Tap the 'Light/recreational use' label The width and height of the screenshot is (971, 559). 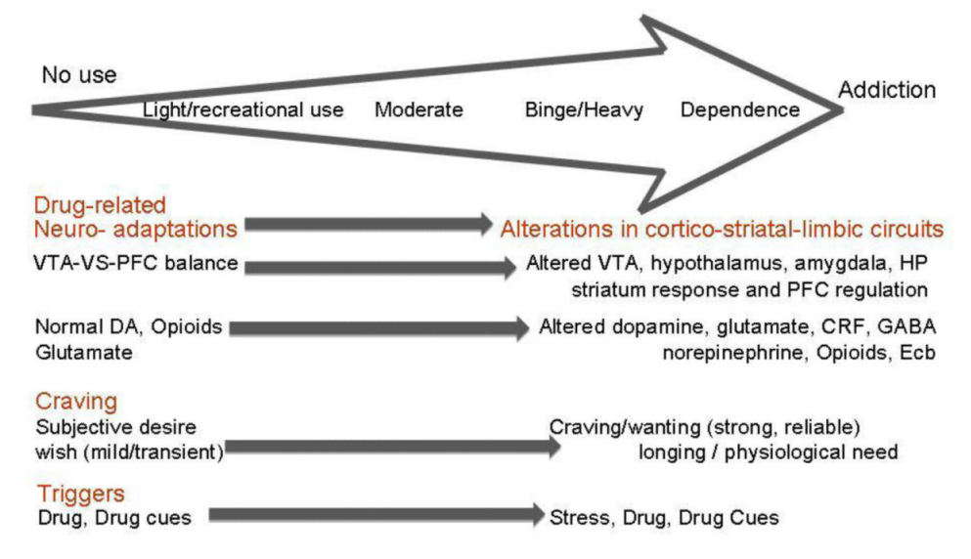243,110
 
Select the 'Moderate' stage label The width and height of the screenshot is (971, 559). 419,110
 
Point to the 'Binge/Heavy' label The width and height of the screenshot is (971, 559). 584,110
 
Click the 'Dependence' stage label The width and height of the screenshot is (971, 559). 739,110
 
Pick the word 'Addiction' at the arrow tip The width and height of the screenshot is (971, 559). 887,90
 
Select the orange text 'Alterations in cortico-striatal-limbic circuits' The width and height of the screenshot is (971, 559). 722,230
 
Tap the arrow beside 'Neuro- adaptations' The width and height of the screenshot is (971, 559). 370,226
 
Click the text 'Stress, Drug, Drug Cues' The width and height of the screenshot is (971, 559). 665,518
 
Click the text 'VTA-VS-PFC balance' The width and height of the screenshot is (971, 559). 136,264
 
